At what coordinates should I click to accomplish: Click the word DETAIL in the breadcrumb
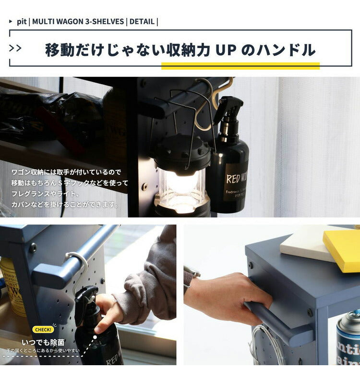click(x=142, y=22)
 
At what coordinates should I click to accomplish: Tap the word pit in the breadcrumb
click(x=21, y=22)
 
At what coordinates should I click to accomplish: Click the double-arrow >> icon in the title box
click(x=15, y=48)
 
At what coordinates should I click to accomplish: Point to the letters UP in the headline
click(x=226, y=50)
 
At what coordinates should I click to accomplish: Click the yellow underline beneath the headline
click(x=240, y=66)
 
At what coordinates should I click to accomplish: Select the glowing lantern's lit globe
click(x=182, y=185)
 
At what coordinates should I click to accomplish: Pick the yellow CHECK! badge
click(x=43, y=330)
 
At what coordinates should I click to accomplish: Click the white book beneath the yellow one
click(x=302, y=245)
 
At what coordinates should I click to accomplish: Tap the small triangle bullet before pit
click(x=11, y=22)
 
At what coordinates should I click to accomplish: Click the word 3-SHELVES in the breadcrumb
click(x=104, y=22)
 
